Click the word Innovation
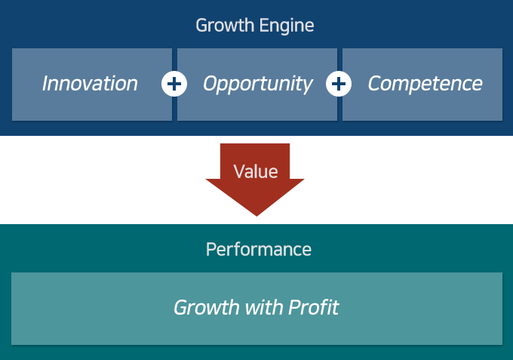tap(90, 84)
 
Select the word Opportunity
tap(257, 84)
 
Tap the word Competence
tap(425, 84)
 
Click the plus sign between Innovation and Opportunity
tap(174, 84)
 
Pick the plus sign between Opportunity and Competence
tap(339, 84)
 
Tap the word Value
tap(256, 172)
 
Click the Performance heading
tap(258, 250)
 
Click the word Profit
tap(313, 308)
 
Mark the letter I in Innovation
tap(46, 84)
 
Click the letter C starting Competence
tap(374, 84)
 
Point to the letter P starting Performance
tap(210, 250)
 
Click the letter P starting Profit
tap(293, 308)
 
